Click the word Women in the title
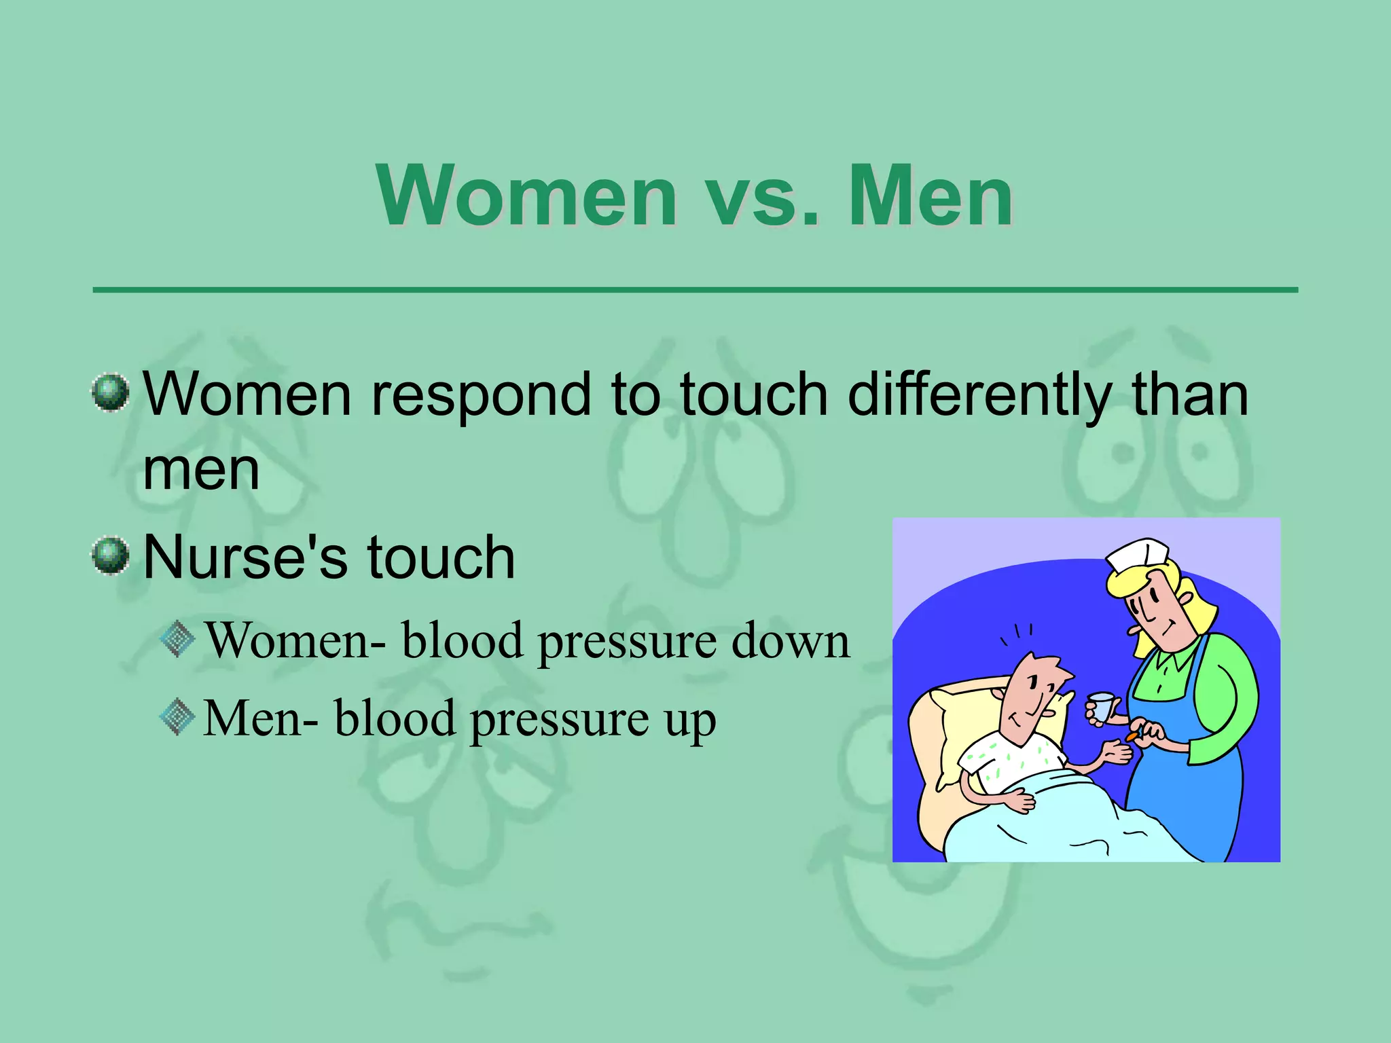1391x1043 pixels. [527, 197]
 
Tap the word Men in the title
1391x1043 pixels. [931, 197]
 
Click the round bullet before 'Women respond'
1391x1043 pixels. [110, 392]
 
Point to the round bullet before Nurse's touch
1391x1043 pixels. [110, 556]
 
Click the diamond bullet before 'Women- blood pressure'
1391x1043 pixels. [178, 639]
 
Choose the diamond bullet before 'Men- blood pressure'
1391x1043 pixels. [178, 717]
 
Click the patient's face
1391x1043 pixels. [1029, 699]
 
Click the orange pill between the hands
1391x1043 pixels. [1132, 737]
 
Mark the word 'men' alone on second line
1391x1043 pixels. [202, 470]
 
